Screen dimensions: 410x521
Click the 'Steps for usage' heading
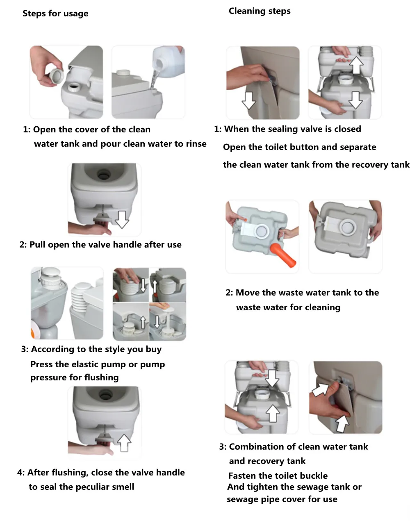[55, 14]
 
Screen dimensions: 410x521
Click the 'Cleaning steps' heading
[260, 11]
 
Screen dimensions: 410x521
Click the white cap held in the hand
[57, 76]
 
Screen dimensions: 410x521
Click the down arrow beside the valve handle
[122, 219]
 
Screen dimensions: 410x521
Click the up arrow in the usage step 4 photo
[124, 443]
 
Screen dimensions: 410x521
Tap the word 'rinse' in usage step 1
[196, 144]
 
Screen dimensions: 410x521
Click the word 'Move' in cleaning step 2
[248, 293]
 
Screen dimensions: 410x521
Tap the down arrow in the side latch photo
[249, 100]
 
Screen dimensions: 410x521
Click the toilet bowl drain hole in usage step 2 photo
[104, 174]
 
